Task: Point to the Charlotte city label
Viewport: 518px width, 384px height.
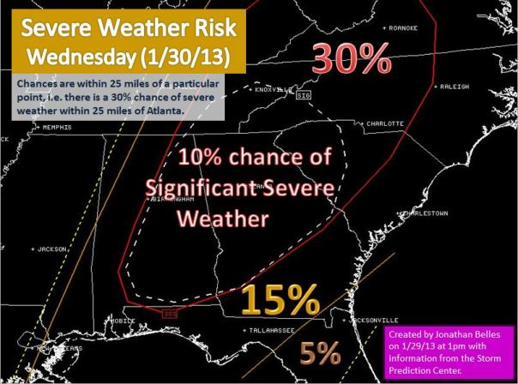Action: (x=383, y=123)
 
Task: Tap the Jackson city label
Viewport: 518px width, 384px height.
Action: (x=51, y=249)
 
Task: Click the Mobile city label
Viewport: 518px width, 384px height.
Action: (x=123, y=321)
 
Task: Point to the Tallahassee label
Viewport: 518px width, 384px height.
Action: (x=271, y=329)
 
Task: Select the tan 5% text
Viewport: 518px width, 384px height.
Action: (x=320, y=353)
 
